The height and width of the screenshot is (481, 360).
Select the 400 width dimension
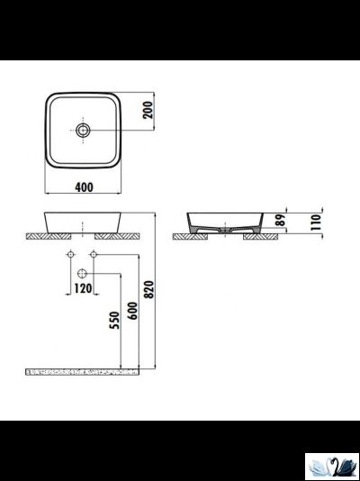[83, 187]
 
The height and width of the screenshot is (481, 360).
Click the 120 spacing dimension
[82, 289]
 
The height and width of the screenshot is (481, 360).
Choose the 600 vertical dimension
[132, 312]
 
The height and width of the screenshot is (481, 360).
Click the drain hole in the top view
[83, 131]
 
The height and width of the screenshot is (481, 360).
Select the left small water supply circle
[71, 256]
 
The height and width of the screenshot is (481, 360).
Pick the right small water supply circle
[93, 256]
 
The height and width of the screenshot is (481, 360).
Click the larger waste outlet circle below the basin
[82, 272]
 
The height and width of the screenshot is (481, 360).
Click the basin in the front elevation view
[83, 222]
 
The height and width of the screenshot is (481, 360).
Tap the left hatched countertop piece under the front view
[49, 236]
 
